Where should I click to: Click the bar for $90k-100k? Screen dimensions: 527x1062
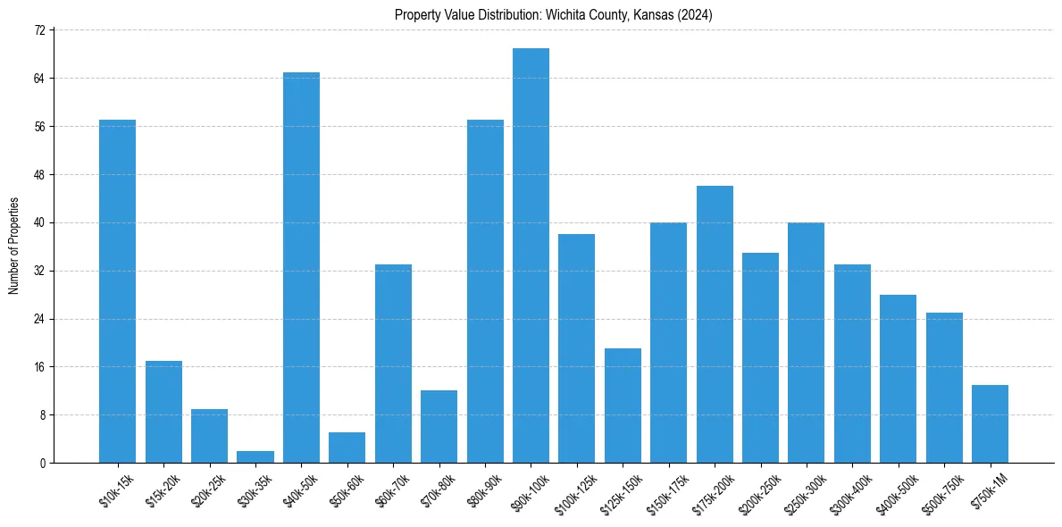(531, 255)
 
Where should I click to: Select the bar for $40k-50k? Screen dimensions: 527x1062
(301, 268)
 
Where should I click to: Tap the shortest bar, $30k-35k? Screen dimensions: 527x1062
(255, 456)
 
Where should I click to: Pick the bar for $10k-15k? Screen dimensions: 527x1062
(117, 291)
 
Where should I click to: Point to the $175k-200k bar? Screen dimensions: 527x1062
(715, 324)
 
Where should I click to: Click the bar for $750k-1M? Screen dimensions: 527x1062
(990, 423)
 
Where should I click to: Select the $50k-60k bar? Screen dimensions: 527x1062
(347, 448)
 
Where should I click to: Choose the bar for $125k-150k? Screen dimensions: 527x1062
(623, 406)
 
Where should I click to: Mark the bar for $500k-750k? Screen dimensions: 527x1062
(944, 388)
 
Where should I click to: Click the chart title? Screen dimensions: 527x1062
(553, 15)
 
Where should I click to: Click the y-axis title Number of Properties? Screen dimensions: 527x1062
(14, 246)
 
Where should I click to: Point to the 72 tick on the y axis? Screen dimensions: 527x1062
(39, 30)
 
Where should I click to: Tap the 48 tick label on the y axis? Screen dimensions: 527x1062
(39, 175)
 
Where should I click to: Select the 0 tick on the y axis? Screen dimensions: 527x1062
(42, 464)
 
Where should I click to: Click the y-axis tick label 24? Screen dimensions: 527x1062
(39, 319)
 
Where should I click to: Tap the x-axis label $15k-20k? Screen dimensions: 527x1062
(161, 491)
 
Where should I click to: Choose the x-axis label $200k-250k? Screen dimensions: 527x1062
(755, 495)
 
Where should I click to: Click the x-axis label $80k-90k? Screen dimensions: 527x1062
(482, 491)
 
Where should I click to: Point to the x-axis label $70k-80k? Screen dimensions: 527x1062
(437, 491)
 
